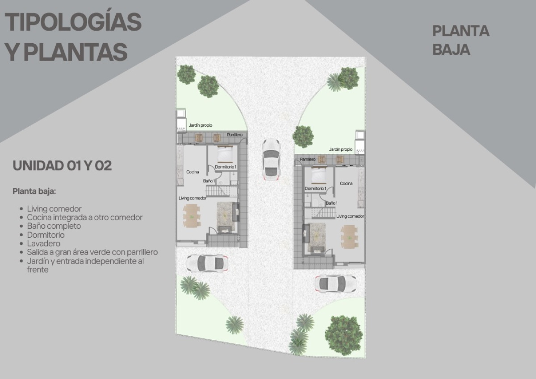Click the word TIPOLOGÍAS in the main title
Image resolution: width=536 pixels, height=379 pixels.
tap(73, 22)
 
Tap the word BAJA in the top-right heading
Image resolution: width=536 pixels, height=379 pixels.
tap(451, 50)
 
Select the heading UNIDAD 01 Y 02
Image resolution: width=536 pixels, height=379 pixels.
tap(62, 166)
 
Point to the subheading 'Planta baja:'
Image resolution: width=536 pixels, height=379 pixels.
tap(34, 191)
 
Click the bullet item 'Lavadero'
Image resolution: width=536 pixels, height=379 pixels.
tap(44, 243)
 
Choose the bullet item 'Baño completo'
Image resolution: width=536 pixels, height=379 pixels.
tap(54, 226)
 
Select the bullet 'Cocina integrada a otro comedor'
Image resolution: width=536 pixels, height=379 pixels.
tap(85, 218)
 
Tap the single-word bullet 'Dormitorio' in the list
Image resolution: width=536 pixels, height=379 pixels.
tap(46, 235)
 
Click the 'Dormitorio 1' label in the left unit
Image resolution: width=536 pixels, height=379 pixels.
tap(226, 167)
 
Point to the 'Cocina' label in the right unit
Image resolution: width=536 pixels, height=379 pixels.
tap(346, 183)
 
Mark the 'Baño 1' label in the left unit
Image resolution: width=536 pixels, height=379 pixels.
tap(209, 181)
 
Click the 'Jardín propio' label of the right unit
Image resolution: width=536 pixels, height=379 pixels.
tap(340, 149)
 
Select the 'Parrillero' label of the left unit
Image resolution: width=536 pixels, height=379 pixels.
tap(235, 135)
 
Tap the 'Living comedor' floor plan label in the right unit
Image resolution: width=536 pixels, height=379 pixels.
tap(350, 216)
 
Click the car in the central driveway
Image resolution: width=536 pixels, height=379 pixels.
tap(271, 160)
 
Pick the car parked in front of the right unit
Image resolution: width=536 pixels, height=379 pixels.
tap(336, 284)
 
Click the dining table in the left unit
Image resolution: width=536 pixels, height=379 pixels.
tap(192, 216)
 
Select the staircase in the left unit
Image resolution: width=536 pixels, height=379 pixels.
tap(218, 191)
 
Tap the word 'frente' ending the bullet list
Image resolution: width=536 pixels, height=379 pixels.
tap(38, 270)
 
